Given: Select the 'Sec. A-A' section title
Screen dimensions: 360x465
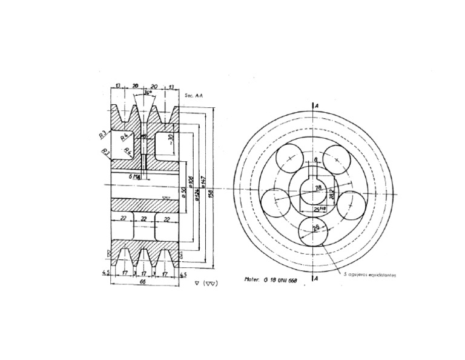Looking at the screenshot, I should click(193, 95).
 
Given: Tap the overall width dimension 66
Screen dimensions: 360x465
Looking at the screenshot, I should click(143, 282).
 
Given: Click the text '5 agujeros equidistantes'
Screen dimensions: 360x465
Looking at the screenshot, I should click(369, 275).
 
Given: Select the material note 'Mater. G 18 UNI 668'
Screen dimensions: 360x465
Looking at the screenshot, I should click(272, 280).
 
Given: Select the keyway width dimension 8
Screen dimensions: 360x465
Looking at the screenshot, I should click(316, 160).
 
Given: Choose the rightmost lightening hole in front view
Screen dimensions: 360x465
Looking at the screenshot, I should click(351, 202).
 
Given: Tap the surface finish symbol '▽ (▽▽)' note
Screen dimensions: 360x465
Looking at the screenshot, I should click(207, 282).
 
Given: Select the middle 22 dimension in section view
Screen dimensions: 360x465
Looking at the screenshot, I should click(143, 218).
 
